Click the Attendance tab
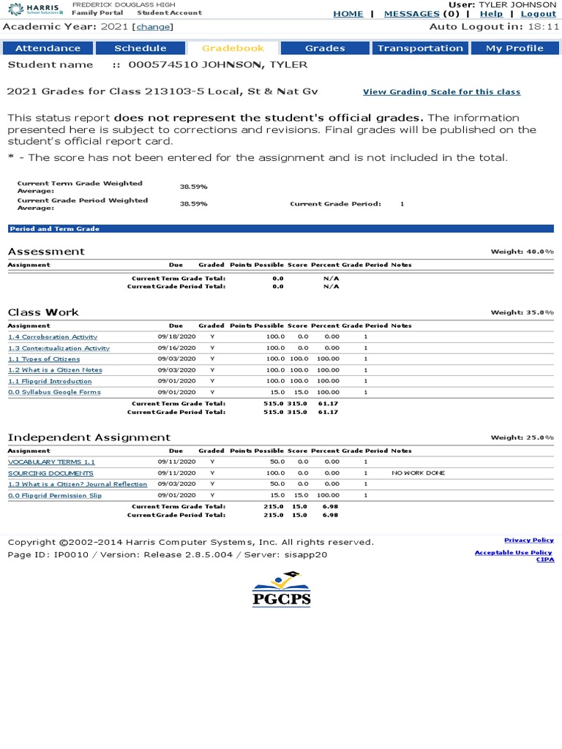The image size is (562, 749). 48,48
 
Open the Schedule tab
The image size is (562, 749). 140,48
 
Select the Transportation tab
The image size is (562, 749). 420,48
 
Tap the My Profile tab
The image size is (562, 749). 514,48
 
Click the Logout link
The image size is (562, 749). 538,14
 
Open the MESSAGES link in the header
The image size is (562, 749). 411,14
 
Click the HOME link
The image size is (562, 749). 348,14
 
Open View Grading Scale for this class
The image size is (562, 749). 441,92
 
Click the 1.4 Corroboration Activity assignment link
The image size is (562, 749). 53,337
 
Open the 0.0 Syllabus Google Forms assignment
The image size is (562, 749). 54,392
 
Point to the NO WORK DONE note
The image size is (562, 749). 418,473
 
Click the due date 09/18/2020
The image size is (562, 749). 176,337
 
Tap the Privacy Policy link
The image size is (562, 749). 528,540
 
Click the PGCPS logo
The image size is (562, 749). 282,590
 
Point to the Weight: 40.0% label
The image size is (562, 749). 522,252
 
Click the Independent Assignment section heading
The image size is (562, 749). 89,437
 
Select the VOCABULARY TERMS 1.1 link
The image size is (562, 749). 51,462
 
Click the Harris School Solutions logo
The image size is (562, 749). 35,8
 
